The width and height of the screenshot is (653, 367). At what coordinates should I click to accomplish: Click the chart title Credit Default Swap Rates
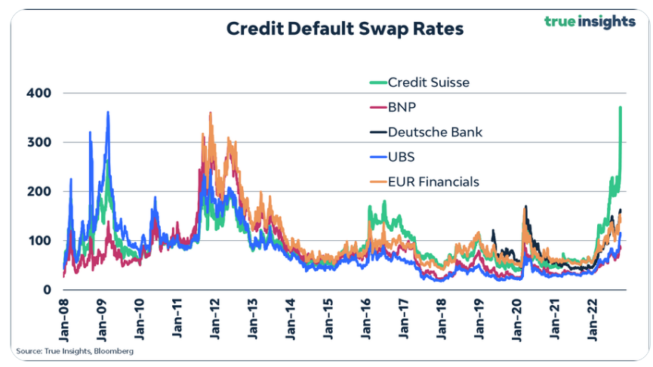point(345,29)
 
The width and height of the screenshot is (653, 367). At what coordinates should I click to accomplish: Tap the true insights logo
point(590,21)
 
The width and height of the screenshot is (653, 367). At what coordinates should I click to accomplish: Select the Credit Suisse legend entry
point(427,82)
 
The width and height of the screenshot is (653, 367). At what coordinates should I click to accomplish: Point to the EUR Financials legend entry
point(433,182)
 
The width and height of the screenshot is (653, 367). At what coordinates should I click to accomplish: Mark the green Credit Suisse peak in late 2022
point(620,108)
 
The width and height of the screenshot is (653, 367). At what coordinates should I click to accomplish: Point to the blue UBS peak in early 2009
point(108,113)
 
